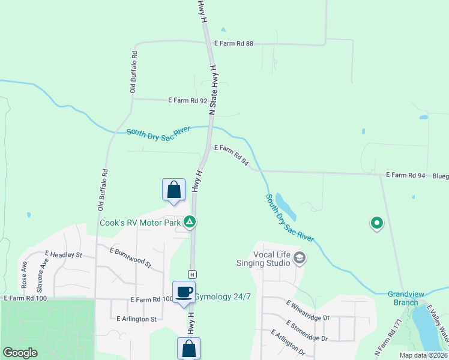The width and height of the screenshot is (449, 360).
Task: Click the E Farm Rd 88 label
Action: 234,43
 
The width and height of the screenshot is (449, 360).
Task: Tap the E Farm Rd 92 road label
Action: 187,100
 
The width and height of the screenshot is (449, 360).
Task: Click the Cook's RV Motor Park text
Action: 140,223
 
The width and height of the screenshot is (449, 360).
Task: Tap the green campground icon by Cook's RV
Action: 190,223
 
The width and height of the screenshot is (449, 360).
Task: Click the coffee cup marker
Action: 184,293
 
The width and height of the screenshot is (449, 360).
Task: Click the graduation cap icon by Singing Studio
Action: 300,259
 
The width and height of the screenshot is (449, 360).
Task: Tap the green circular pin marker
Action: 376,223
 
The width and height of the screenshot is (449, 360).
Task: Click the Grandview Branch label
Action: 406,298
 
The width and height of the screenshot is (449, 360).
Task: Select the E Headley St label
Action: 63,254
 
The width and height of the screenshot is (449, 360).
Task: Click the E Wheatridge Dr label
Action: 308,310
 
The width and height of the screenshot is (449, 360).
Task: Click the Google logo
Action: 20,353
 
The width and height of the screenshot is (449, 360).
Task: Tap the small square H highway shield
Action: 192,274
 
